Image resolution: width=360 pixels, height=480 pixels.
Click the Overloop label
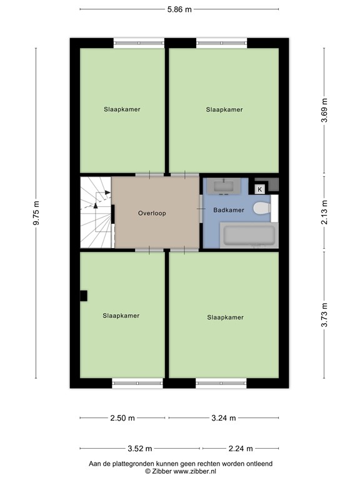point(152,213)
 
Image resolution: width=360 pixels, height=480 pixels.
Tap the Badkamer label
point(228,210)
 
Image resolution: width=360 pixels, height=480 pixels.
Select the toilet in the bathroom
point(262,210)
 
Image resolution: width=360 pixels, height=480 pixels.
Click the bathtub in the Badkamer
point(249,237)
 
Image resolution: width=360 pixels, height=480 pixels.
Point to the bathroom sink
point(223,186)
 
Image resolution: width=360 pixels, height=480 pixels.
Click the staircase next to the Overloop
point(94,212)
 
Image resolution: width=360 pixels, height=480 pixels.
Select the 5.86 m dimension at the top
point(179,9)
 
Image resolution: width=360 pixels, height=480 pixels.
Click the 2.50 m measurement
point(122,418)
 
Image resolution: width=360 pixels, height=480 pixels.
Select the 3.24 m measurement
point(223,418)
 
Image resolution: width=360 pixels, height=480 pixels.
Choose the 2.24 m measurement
point(241,448)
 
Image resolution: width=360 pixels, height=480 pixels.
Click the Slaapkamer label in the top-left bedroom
point(122,109)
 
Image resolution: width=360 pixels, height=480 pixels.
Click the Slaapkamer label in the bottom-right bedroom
point(225,317)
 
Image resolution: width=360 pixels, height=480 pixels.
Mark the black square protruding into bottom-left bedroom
point(83,296)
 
